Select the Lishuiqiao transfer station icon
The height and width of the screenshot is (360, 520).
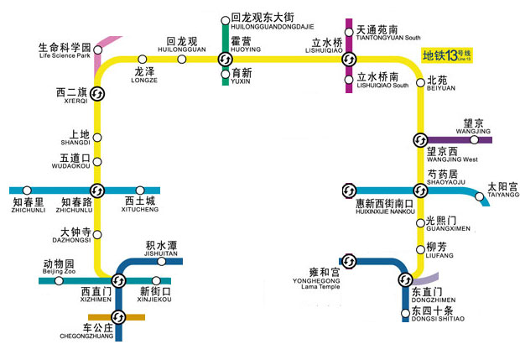(x=349, y=58)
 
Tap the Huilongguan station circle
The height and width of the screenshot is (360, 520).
(x=182, y=58)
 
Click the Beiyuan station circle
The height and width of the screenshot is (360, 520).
(x=420, y=82)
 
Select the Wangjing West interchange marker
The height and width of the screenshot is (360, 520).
(x=420, y=139)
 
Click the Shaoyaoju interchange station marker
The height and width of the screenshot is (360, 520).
(x=420, y=190)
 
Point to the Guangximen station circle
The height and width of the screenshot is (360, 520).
(x=420, y=222)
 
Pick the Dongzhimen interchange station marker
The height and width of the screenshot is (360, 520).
(x=405, y=279)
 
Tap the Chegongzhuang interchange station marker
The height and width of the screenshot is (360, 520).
(x=118, y=316)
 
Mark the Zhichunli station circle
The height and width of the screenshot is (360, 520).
(x=28, y=190)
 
